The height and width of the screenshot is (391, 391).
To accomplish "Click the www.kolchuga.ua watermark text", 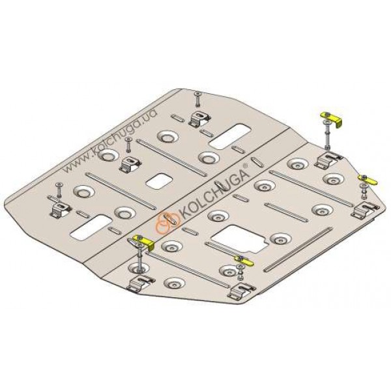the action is (x=109, y=141).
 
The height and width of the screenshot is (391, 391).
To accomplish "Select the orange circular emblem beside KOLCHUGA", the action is (x=167, y=224).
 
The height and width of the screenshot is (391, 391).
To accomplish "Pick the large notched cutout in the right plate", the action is (x=239, y=239).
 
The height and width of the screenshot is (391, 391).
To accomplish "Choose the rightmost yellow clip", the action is (x=368, y=180).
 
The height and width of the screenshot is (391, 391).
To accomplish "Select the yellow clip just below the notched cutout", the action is (x=244, y=260).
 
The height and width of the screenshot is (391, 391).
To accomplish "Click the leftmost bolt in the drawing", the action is (x=59, y=190).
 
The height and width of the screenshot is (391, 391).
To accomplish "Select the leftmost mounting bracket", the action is (x=61, y=210).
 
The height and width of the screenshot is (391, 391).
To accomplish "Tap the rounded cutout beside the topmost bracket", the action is (x=230, y=137).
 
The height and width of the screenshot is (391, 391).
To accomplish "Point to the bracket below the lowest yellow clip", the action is (x=242, y=291).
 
